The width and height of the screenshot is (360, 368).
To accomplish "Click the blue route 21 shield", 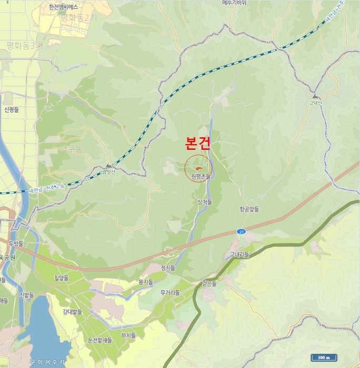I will [241, 231].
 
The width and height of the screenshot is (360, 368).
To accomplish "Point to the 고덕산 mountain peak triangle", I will [315, 97].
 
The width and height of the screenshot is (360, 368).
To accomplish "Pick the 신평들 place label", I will [12, 109].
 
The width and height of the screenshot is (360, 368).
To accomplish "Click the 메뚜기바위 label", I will [234, 3].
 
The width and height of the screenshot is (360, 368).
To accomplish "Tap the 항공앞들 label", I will [249, 209].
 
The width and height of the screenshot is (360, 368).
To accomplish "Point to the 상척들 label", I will [205, 202].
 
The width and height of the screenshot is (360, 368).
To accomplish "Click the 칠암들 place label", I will [62, 278].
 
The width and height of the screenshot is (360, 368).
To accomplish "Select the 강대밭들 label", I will [73, 311].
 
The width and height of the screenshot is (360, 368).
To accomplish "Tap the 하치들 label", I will [128, 335].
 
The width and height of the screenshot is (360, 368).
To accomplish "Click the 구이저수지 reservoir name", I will [47, 362].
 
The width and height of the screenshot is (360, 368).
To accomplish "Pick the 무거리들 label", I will [170, 292].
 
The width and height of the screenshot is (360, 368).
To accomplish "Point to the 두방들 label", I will [16, 243].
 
